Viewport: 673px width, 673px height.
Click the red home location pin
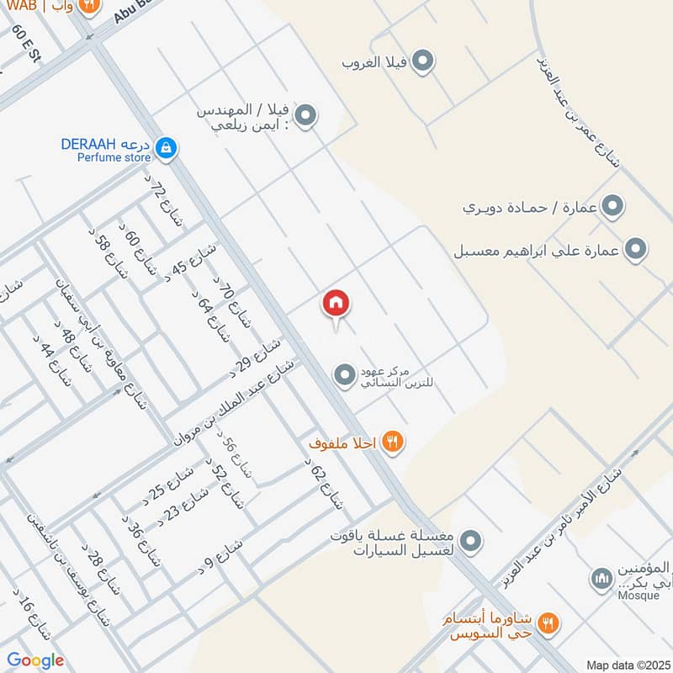tap(336, 305)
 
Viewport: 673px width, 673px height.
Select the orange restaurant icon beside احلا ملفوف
tap(391, 441)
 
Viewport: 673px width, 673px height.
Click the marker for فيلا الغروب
tap(424, 61)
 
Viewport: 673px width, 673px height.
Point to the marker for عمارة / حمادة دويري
tap(613, 205)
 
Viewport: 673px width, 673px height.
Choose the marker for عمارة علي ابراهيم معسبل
tap(637, 249)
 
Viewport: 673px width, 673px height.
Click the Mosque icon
tap(601, 579)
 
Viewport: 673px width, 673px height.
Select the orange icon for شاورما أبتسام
tap(547, 623)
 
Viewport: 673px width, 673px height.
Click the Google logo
tap(35, 660)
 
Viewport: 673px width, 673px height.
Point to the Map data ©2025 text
tap(627, 665)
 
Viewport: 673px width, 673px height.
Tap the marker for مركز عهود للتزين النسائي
tap(344, 375)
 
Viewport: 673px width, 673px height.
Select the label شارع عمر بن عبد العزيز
tap(576, 109)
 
